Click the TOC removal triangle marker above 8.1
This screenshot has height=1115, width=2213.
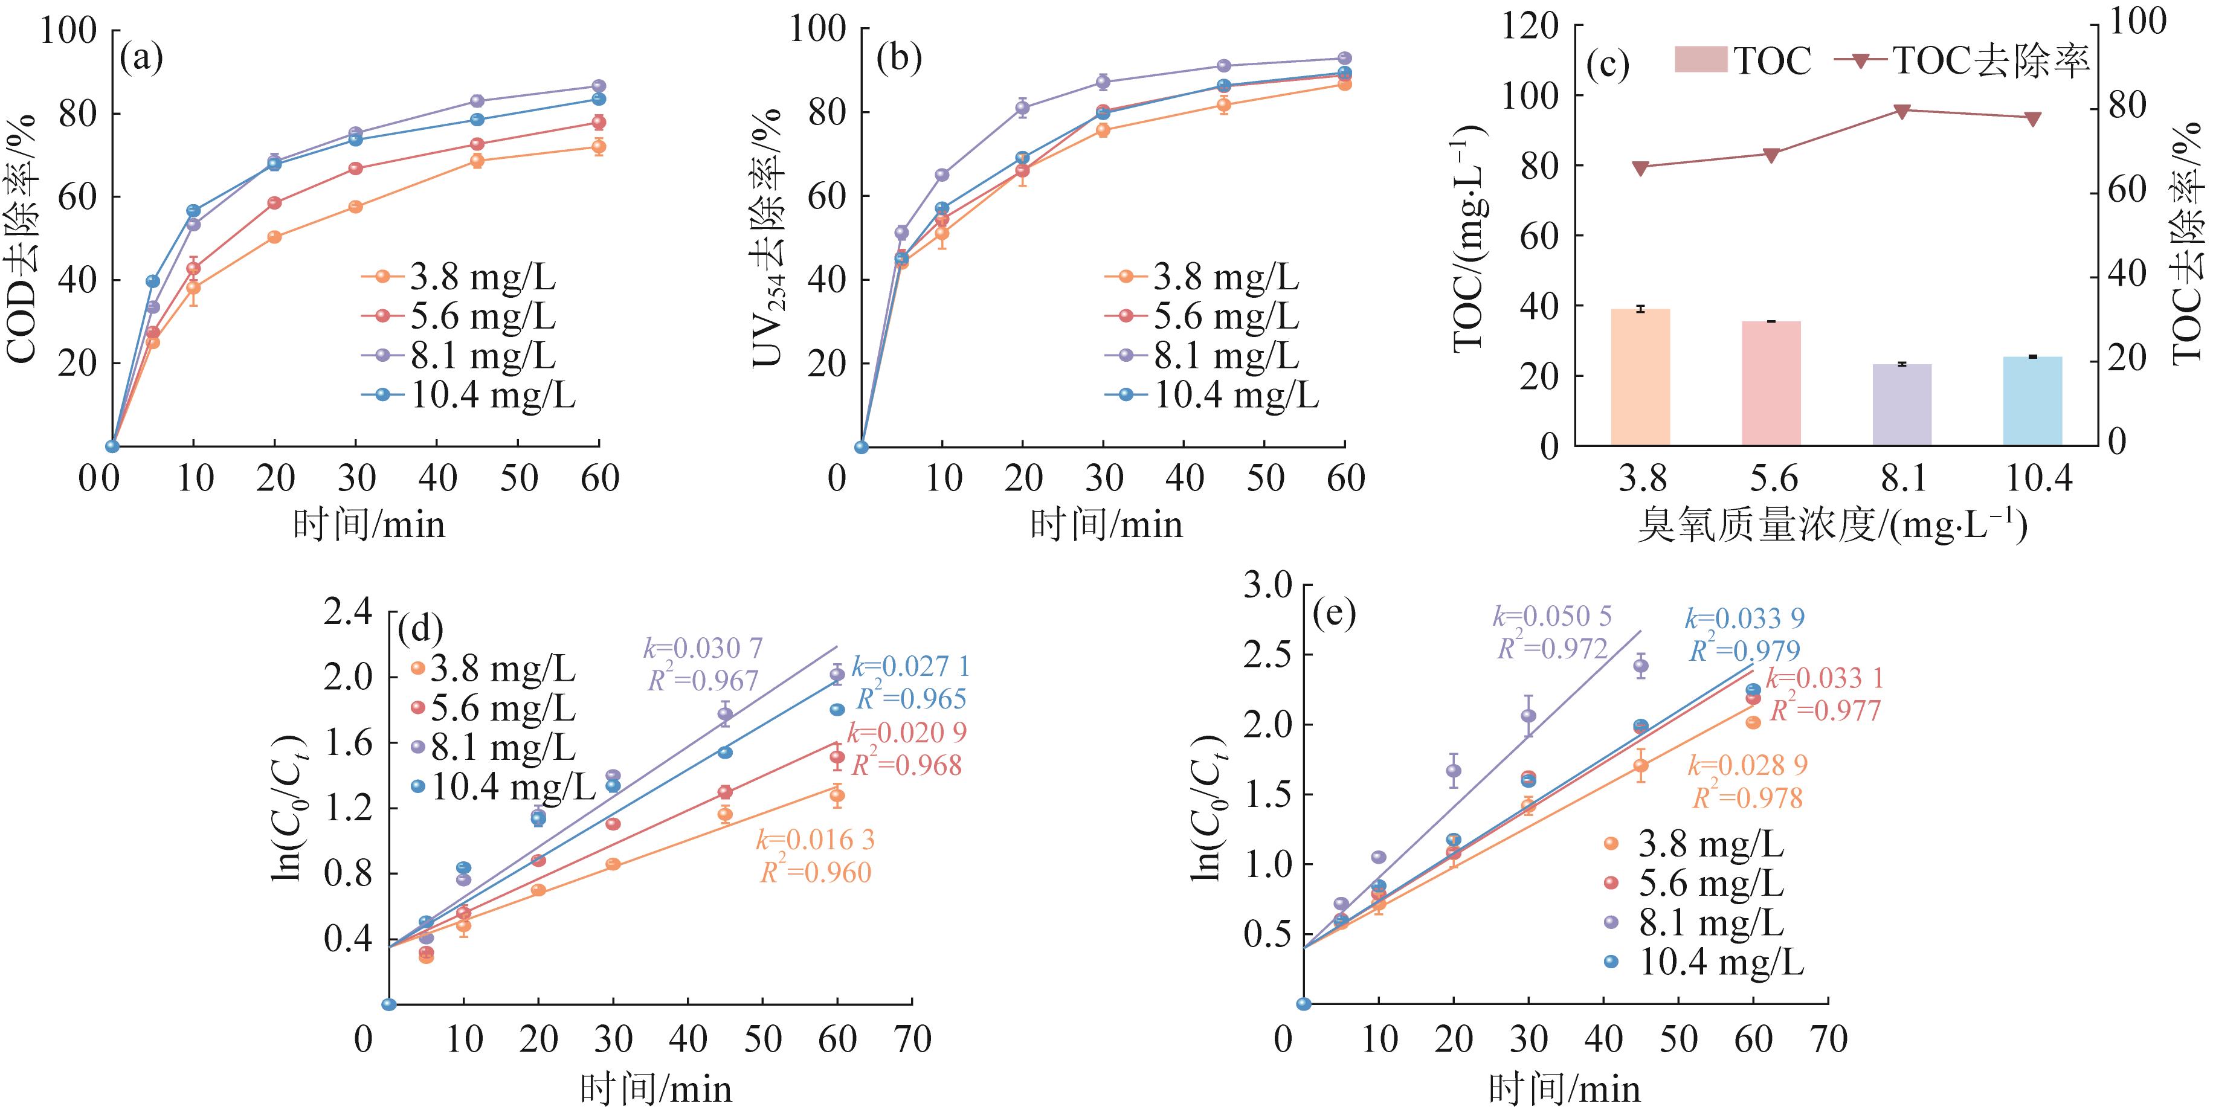pos(1901,111)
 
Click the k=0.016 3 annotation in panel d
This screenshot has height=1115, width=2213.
pos(814,839)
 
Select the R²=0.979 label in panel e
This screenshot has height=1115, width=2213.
pos(1745,651)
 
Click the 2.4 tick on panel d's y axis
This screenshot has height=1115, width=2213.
pos(348,612)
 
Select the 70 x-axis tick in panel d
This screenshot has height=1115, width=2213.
pos(912,1039)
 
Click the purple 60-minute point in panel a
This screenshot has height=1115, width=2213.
pos(599,86)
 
